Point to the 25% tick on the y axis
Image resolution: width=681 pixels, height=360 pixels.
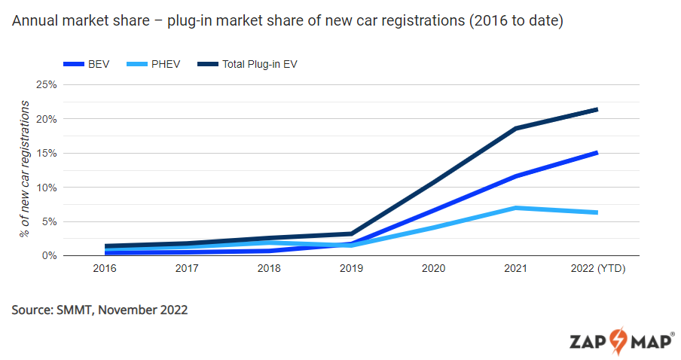pyautogui.click(x=47, y=84)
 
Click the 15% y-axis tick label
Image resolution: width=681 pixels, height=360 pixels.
pyautogui.click(x=47, y=153)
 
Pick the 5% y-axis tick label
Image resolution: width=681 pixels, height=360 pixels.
pyautogui.click(x=49, y=221)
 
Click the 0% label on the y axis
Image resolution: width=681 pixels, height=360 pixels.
pyautogui.click(x=49, y=255)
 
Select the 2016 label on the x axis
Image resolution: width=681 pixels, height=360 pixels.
pyautogui.click(x=105, y=268)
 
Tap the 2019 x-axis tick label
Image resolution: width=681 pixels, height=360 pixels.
pyautogui.click(x=351, y=268)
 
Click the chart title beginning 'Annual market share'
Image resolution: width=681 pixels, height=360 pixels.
pyautogui.click(x=287, y=22)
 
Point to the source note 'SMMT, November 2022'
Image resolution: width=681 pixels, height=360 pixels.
pyautogui.click(x=99, y=310)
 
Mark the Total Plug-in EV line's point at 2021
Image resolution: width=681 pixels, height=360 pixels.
pyautogui.click(x=515, y=128)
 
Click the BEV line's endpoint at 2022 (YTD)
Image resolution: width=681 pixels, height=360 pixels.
pyautogui.click(x=597, y=153)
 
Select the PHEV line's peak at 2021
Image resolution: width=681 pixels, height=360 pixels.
pyautogui.click(x=515, y=208)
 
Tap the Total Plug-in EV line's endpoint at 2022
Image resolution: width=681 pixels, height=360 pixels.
pyautogui.click(x=597, y=109)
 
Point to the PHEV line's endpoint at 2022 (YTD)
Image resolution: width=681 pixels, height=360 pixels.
pyautogui.click(x=597, y=212)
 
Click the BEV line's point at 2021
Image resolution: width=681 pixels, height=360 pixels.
pyautogui.click(x=515, y=176)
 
